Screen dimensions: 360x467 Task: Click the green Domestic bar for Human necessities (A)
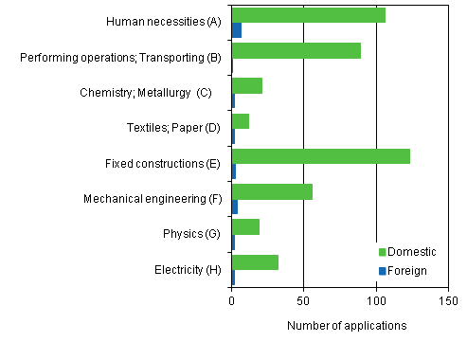tap(308, 15)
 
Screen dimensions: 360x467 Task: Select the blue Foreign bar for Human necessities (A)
tap(237, 30)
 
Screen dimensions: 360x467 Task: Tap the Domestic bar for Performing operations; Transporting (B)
tap(296, 50)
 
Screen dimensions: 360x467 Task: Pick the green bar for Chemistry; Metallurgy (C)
tap(246, 86)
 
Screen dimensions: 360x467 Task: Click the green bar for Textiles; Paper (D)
tap(240, 121)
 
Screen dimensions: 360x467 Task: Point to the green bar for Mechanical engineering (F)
tap(272, 191)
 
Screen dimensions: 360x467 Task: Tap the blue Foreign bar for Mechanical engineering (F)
tap(234, 207)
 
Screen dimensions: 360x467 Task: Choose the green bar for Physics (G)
tap(245, 226)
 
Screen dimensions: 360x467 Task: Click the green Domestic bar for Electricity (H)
tap(255, 262)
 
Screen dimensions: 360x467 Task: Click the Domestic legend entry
tap(408, 252)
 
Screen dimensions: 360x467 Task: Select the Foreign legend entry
tap(405, 271)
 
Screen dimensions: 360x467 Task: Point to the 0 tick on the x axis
tap(232, 302)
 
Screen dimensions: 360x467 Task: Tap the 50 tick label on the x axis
tap(303, 302)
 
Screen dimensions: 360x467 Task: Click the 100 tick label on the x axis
tap(376, 302)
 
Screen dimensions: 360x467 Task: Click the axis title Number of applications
tap(346, 326)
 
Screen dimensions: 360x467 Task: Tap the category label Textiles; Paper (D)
tap(172, 128)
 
